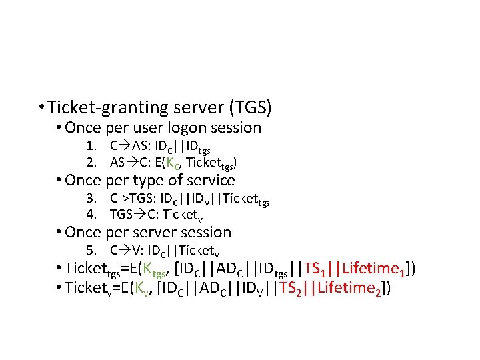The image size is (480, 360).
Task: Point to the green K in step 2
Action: click(x=171, y=161)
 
